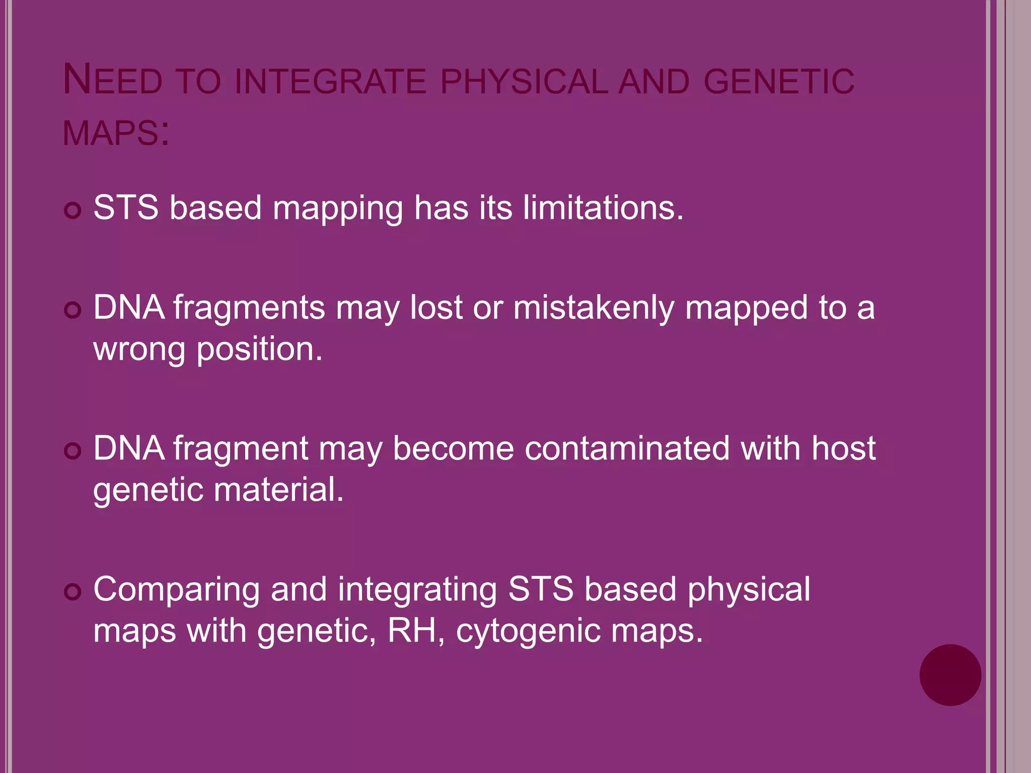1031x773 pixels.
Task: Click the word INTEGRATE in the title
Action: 330,82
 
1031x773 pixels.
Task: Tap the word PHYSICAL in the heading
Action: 524,82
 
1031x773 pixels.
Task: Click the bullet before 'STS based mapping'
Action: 73,210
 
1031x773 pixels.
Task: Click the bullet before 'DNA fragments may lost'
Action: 73,310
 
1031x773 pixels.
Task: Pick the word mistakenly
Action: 594,308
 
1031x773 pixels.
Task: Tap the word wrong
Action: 139,350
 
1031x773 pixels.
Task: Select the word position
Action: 259,350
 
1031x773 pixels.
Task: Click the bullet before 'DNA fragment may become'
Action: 73,451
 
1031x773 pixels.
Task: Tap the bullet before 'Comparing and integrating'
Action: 73,592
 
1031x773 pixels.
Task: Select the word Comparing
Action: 176,590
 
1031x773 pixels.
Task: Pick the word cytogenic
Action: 528,631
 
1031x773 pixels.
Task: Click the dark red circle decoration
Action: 950,675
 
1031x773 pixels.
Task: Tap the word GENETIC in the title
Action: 779,82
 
